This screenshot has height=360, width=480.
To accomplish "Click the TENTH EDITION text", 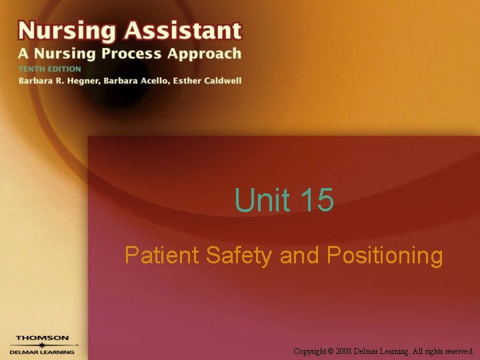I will click(x=49, y=69).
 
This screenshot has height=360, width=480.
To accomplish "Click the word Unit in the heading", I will click(x=263, y=200).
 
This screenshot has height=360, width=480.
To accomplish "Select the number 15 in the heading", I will click(x=317, y=200).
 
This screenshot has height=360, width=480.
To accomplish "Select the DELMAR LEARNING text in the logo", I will click(x=41, y=352).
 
